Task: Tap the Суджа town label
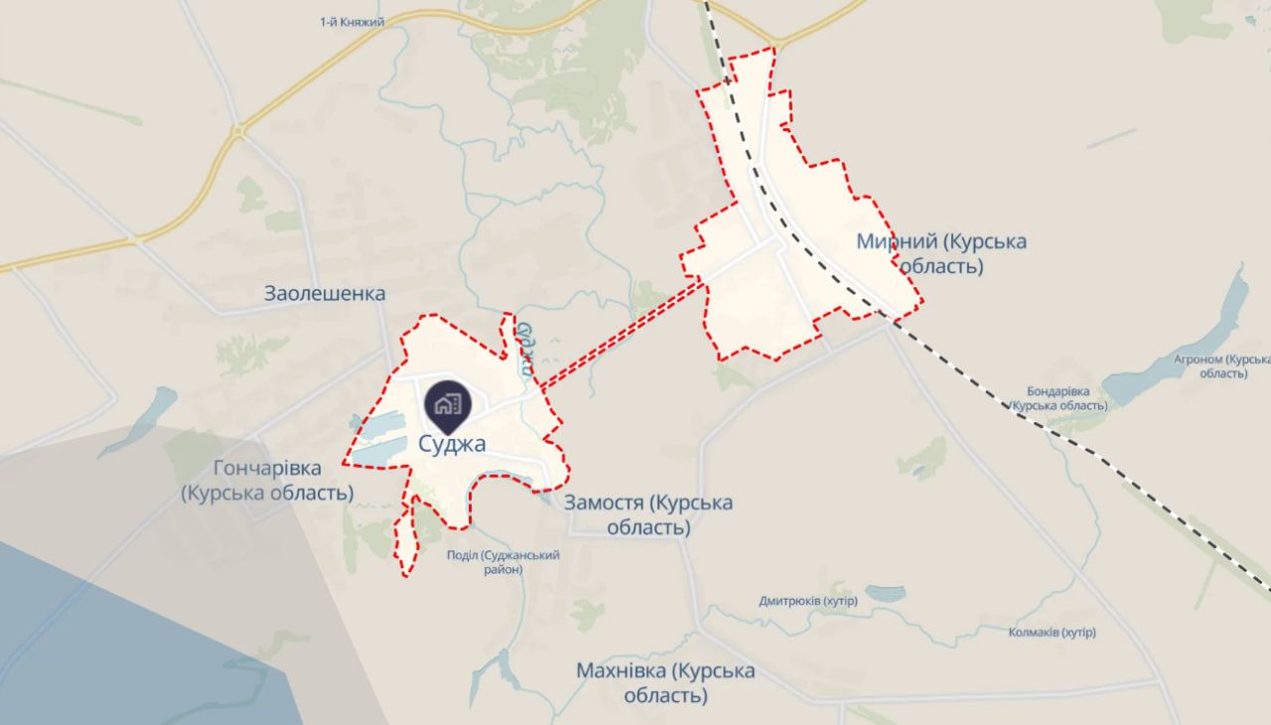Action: click(x=452, y=444)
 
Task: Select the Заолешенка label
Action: click(x=325, y=293)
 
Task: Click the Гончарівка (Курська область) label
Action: click(x=268, y=480)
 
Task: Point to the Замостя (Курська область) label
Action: click(x=648, y=514)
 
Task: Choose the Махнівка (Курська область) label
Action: click(x=665, y=683)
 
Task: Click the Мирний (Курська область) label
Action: click(x=941, y=254)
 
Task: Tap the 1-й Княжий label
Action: click(x=353, y=22)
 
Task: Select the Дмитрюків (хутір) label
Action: click(x=807, y=601)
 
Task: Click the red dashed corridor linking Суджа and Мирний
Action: click(x=622, y=333)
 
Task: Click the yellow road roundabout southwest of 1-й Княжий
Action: click(x=238, y=130)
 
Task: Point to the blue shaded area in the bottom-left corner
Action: click(x=119, y=636)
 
